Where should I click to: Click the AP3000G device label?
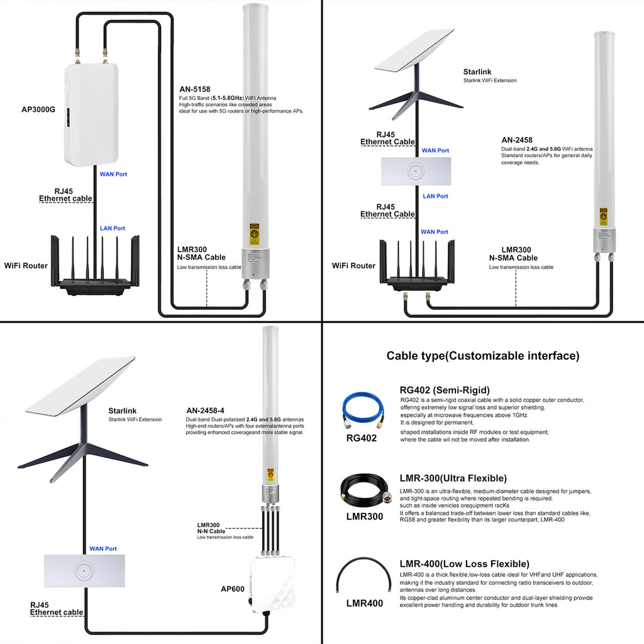point(38,109)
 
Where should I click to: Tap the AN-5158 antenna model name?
point(195,89)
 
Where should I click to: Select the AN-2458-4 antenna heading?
point(206,410)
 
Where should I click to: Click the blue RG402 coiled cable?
point(363,410)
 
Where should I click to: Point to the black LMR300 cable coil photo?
point(364,489)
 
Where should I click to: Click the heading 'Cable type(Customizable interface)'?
point(483,356)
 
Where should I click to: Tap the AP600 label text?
point(233,589)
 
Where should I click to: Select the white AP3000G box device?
point(91,114)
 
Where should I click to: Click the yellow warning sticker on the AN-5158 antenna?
point(255,234)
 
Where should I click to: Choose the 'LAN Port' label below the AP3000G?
point(113,228)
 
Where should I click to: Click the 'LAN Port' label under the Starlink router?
point(435,196)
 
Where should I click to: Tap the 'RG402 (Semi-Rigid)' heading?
point(445,390)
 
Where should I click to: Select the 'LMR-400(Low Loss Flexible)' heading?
point(465,564)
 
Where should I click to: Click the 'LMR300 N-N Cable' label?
point(211,528)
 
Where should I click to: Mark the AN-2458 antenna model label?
point(517,140)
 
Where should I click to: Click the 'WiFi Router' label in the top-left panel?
point(26,266)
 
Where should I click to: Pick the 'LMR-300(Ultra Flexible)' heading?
point(453,479)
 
